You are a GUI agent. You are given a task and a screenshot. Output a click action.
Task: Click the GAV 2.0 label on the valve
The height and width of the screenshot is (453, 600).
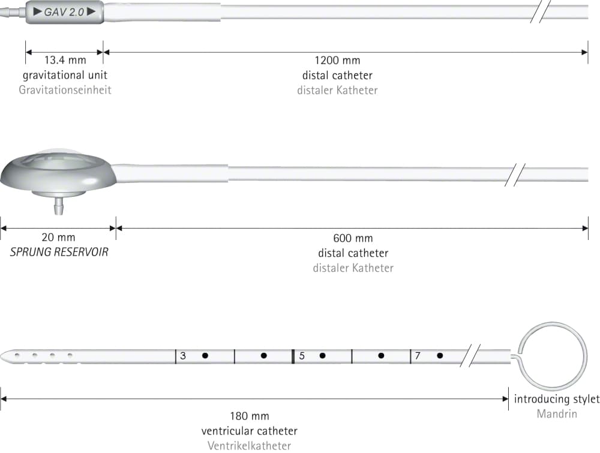point(64,12)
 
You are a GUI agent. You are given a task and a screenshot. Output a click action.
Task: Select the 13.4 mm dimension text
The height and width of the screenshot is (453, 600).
point(65,60)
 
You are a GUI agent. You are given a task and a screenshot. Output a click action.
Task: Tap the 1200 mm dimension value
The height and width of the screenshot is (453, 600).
point(337,61)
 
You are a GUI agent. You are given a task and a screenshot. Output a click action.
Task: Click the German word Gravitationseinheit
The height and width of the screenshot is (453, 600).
point(65,90)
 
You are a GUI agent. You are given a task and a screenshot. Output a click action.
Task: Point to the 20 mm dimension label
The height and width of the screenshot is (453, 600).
point(58,237)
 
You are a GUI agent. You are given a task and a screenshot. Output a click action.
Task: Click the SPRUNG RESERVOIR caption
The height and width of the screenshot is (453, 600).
point(59,252)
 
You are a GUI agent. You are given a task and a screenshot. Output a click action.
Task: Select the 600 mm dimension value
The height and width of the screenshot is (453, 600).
point(353,238)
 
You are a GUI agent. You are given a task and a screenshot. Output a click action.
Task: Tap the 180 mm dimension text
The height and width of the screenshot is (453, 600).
point(249,416)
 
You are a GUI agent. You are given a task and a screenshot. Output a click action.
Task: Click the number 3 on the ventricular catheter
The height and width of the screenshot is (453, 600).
point(183,356)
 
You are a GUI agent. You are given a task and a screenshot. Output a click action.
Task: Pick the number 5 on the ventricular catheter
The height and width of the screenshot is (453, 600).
point(302,356)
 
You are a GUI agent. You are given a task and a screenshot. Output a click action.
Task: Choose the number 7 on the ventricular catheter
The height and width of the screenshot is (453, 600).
point(418,356)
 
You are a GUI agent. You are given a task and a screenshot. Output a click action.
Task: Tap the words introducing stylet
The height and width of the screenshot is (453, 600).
point(557,399)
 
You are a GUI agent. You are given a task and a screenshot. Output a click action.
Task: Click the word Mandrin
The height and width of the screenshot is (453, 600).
point(557,413)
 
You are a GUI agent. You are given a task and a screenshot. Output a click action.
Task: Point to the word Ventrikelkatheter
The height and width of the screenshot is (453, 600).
point(249,446)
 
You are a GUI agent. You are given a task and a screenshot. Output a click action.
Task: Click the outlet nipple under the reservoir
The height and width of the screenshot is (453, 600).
point(59,206)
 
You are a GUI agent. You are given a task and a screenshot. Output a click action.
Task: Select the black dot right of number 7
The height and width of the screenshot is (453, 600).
point(440,356)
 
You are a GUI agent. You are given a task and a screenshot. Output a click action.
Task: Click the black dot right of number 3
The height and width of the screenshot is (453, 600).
point(205,356)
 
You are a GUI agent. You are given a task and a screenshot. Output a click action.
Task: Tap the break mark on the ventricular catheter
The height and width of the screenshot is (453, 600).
point(470,355)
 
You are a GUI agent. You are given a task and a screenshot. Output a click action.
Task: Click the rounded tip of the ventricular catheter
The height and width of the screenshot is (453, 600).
point(2,356)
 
